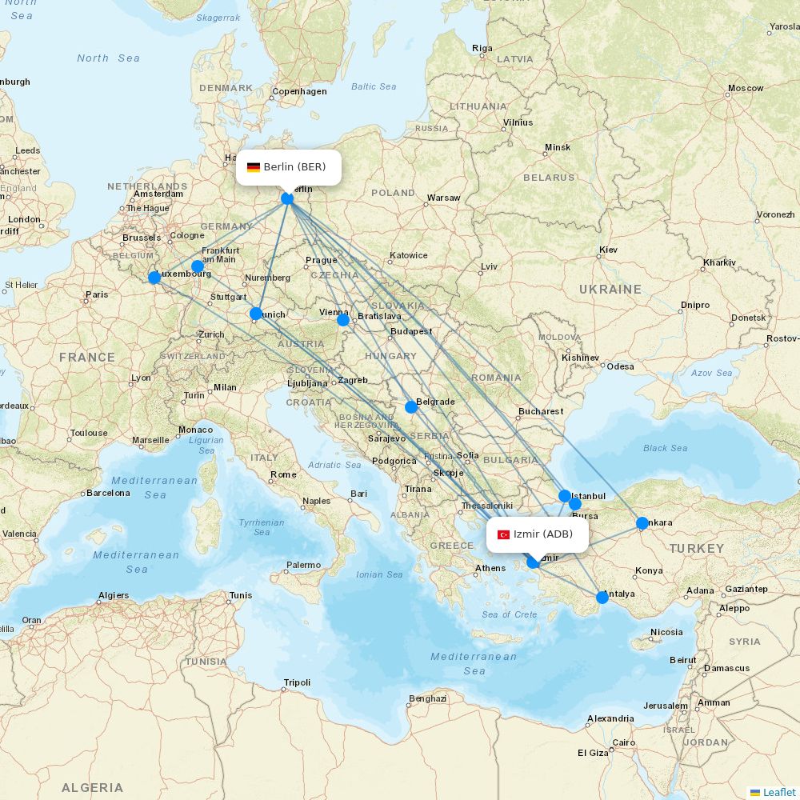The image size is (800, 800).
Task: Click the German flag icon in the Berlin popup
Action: [254, 167]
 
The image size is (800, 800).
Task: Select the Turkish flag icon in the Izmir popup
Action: [504, 534]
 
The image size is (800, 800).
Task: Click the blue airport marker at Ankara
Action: [642, 523]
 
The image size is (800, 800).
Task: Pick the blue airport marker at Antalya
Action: [602, 597]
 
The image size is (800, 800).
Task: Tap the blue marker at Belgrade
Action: [411, 407]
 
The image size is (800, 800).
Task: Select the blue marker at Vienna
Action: [343, 320]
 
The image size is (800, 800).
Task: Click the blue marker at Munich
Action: [256, 314]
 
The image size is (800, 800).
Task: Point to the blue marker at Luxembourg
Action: [154, 278]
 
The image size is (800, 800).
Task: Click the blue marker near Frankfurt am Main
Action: [198, 266]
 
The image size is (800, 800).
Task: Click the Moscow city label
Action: [745, 88]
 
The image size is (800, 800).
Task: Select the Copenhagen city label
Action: [299, 91]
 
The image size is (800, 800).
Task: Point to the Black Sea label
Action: [665, 448]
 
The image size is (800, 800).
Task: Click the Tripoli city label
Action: [297, 683]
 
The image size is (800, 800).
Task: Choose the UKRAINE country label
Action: [610, 289]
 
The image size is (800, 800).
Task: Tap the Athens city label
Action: [490, 569]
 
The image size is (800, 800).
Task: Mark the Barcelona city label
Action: [108, 493]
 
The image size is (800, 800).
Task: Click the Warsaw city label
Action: [443, 198]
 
